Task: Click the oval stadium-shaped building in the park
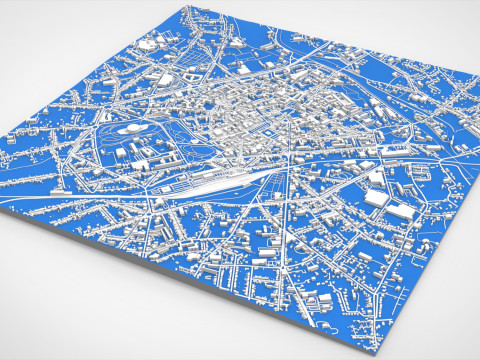tap(129, 129)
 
